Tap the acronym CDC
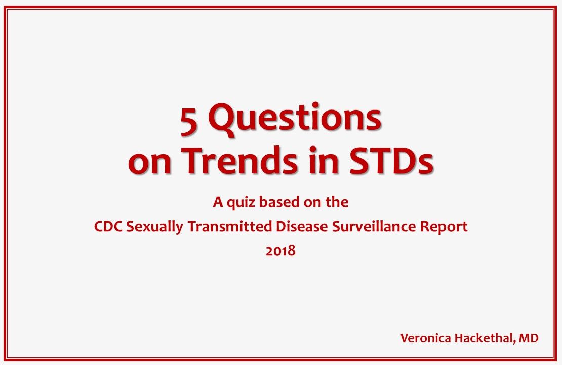[108, 227]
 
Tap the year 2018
[280, 250]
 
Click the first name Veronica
[424, 338]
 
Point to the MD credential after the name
[529, 338]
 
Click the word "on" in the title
[148, 162]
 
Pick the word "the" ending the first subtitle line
[337, 202]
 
